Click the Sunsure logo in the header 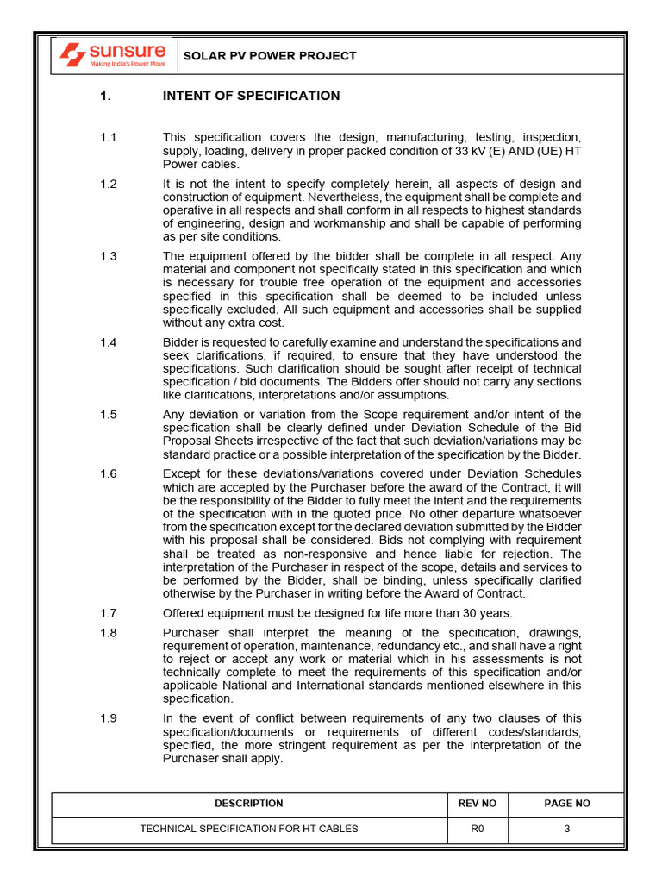coord(112,56)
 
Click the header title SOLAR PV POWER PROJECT coord(269,56)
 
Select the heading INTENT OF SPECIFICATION coord(251,96)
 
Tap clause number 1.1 coord(108,138)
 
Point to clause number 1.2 coord(108,184)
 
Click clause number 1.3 coord(108,256)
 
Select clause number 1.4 coord(108,342)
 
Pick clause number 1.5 coord(108,415)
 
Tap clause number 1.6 coord(108,473)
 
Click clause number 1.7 coord(108,613)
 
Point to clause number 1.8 coord(108,632)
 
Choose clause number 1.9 coord(108,718)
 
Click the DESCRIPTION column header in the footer coord(248,804)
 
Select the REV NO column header coord(478,804)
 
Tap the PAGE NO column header coord(566,804)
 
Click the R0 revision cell coord(478,830)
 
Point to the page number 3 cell coord(566,830)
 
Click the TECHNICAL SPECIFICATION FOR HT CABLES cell coord(248,830)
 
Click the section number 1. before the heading coord(106,96)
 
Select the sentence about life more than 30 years coord(337,613)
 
